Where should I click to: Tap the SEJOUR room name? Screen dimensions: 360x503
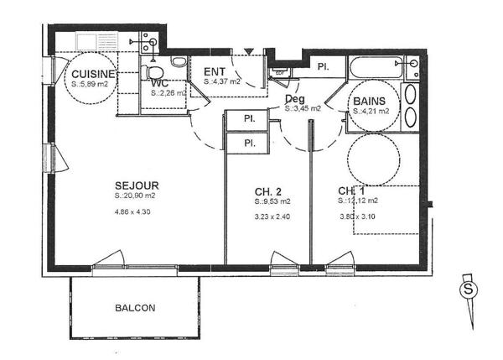(x=137, y=185)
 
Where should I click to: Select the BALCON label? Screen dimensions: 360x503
(x=135, y=308)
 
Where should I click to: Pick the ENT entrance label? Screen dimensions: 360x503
(x=215, y=71)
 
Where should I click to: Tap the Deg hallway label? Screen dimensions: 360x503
(x=294, y=98)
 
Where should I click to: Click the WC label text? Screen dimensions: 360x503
(x=161, y=83)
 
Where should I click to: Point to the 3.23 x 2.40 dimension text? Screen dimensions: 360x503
(x=273, y=217)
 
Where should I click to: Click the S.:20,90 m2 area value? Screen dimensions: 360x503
(x=137, y=196)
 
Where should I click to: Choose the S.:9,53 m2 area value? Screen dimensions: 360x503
(x=273, y=202)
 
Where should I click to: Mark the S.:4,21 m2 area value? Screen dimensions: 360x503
(x=371, y=111)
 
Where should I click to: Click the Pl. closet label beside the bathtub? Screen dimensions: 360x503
(x=323, y=66)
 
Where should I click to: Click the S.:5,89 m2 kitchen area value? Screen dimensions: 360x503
(x=89, y=84)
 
